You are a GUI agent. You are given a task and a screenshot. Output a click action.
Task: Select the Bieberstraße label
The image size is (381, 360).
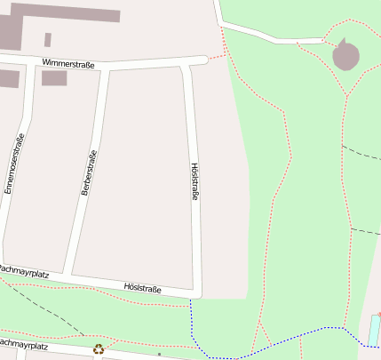pyautogui.click(x=88, y=172)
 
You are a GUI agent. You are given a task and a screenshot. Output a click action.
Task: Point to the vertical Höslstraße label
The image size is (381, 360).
pyautogui.click(x=194, y=181)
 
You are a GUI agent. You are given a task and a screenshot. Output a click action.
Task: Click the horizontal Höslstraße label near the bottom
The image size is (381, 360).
pyautogui.click(x=142, y=288)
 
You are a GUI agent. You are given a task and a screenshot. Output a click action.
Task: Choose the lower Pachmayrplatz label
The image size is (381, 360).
pyautogui.click(x=21, y=342)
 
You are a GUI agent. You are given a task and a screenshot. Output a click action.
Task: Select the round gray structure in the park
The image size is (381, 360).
pyautogui.click(x=345, y=57)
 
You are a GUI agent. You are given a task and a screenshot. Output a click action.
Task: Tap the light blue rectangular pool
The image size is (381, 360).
pyautogui.click(x=375, y=332)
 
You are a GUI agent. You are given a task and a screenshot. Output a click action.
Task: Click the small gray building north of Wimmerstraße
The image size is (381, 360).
pyautogui.click(x=47, y=40)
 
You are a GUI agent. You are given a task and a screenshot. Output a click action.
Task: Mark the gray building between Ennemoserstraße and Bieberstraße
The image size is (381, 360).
pyautogui.click(x=54, y=78)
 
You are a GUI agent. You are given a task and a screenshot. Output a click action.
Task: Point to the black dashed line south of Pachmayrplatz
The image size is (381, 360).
pyautogui.click(x=40, y=309)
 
